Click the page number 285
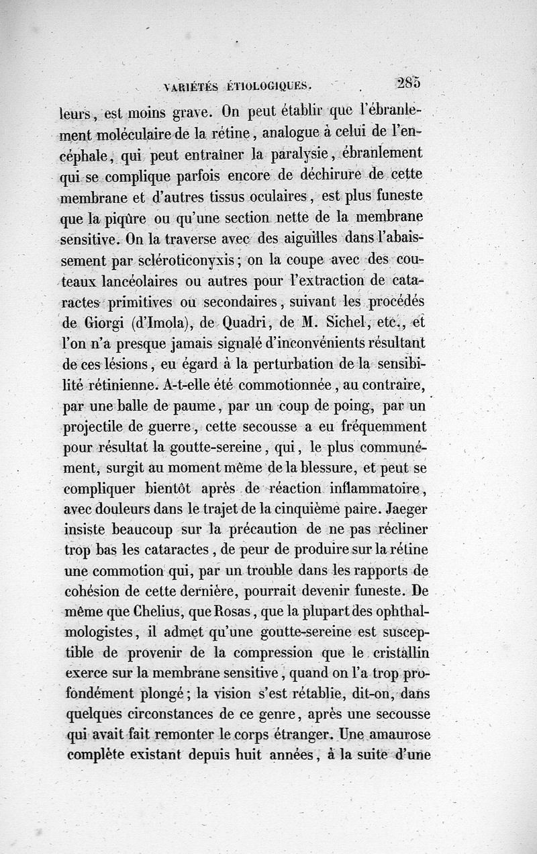[409, 83]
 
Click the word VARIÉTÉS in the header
[191, 86]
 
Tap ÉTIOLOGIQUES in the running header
[267, 85]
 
